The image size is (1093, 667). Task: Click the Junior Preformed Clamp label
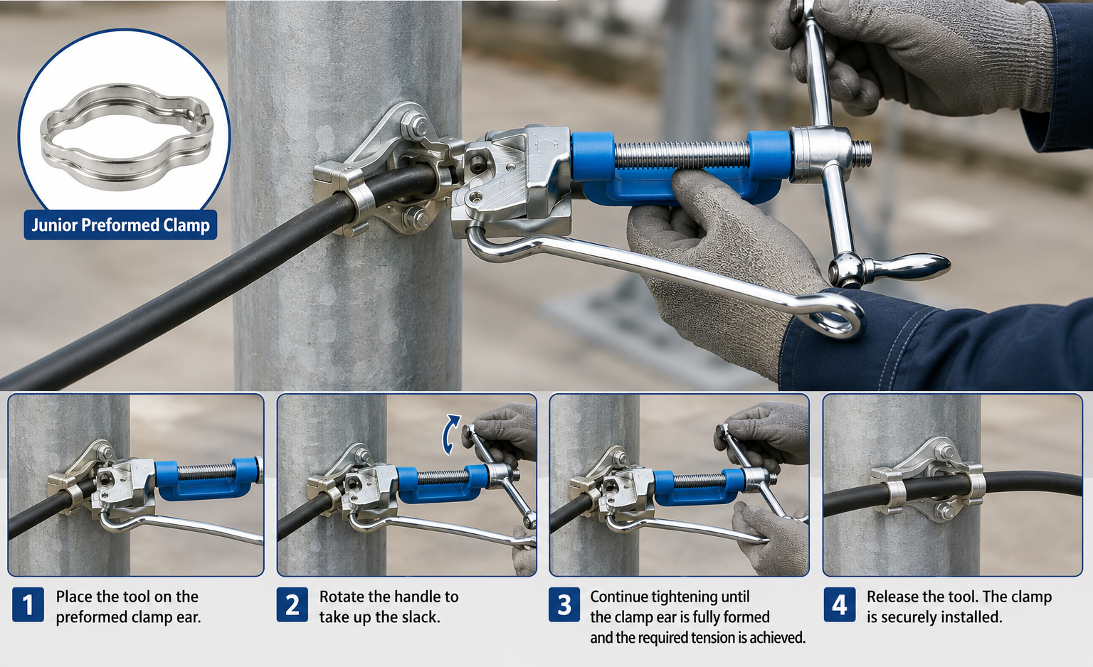[x=120, y=225]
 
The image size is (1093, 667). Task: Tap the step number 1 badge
[x=28, y=604]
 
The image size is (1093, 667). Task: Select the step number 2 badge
[x=292, y=604]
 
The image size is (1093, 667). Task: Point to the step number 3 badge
[x=564, y=604]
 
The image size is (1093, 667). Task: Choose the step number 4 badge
[x=840, y=604]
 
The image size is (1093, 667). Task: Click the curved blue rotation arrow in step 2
[x=450, y=434]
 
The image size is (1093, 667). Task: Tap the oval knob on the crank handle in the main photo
[x=907, y=267]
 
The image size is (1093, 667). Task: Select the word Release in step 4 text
[x=892, y=597]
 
